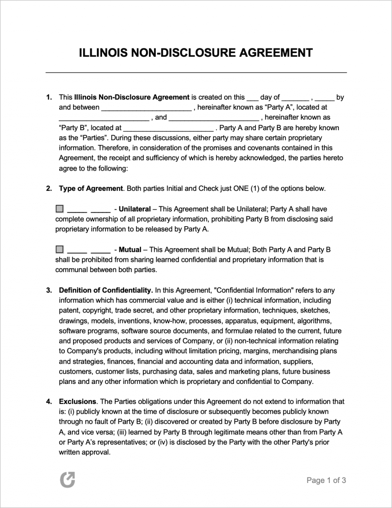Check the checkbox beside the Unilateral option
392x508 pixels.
coord(60,209)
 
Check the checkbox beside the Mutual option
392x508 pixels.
coord(60,250)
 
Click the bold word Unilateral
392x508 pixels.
coord(135,209)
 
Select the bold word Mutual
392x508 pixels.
coord(130,250)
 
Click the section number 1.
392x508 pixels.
coord(49,97)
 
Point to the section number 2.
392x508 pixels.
coord(49,188)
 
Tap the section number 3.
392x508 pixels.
coord(49,290)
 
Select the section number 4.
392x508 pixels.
coord(49,402)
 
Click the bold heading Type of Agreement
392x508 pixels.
coord(91,188)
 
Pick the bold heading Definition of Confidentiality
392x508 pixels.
coord(106,290)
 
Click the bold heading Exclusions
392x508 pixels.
coord(78,402)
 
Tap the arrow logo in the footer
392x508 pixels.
coord(67,479)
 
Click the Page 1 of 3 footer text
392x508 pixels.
coord(326,480)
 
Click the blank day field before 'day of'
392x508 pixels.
coord(252,98)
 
